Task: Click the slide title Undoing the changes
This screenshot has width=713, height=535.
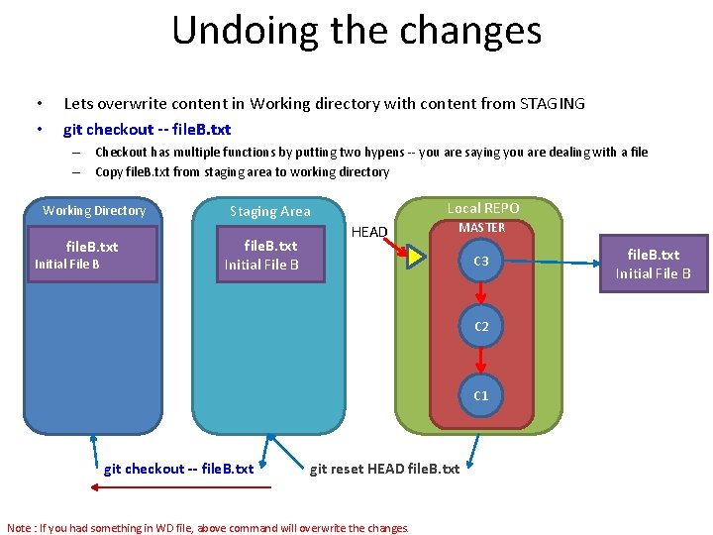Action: click(x=356, y=30)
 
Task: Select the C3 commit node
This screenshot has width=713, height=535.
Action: click(x=481, y=261)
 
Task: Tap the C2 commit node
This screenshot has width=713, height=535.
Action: click(x=481, y=326)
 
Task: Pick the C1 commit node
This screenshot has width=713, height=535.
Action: click(x=481, y=395)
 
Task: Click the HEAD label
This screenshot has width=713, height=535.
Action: click(x=369, y=232)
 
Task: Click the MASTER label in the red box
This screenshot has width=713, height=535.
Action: click(x=482, y=228)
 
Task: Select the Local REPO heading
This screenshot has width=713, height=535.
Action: click(x=482, y=208)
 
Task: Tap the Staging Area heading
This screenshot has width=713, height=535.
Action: click(x=269, y=211)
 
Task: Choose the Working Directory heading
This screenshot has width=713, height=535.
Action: click(x=94, y=210)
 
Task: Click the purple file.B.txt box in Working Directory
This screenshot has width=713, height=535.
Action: click(x=92, y=255)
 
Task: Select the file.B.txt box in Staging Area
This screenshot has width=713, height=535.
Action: click(x=270, y=255)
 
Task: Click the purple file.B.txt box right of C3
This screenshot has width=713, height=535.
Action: click(x=653, y=264)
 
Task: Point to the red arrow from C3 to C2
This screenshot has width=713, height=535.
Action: click(x=481, y=293)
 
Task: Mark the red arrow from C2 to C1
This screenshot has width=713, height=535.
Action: click(x=481, y=361)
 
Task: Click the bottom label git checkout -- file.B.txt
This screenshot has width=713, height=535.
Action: click(x=178, y=469)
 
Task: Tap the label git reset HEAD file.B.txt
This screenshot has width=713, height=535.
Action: click(x=385, y=469)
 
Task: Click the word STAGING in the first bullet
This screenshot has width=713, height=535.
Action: click(x=552, y=103)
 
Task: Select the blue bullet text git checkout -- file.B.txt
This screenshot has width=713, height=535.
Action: click(x=147, y=129)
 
